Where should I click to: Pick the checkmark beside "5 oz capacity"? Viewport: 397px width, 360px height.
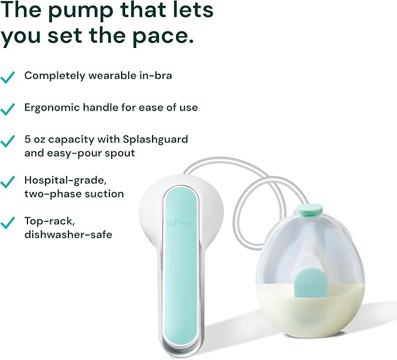tap(8, 141)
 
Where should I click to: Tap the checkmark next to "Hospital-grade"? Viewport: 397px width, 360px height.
tap(8, 182)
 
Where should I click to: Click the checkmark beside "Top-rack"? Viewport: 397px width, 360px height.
tap(8, 223)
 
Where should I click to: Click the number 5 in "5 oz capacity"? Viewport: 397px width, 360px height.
tap(27, 140)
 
